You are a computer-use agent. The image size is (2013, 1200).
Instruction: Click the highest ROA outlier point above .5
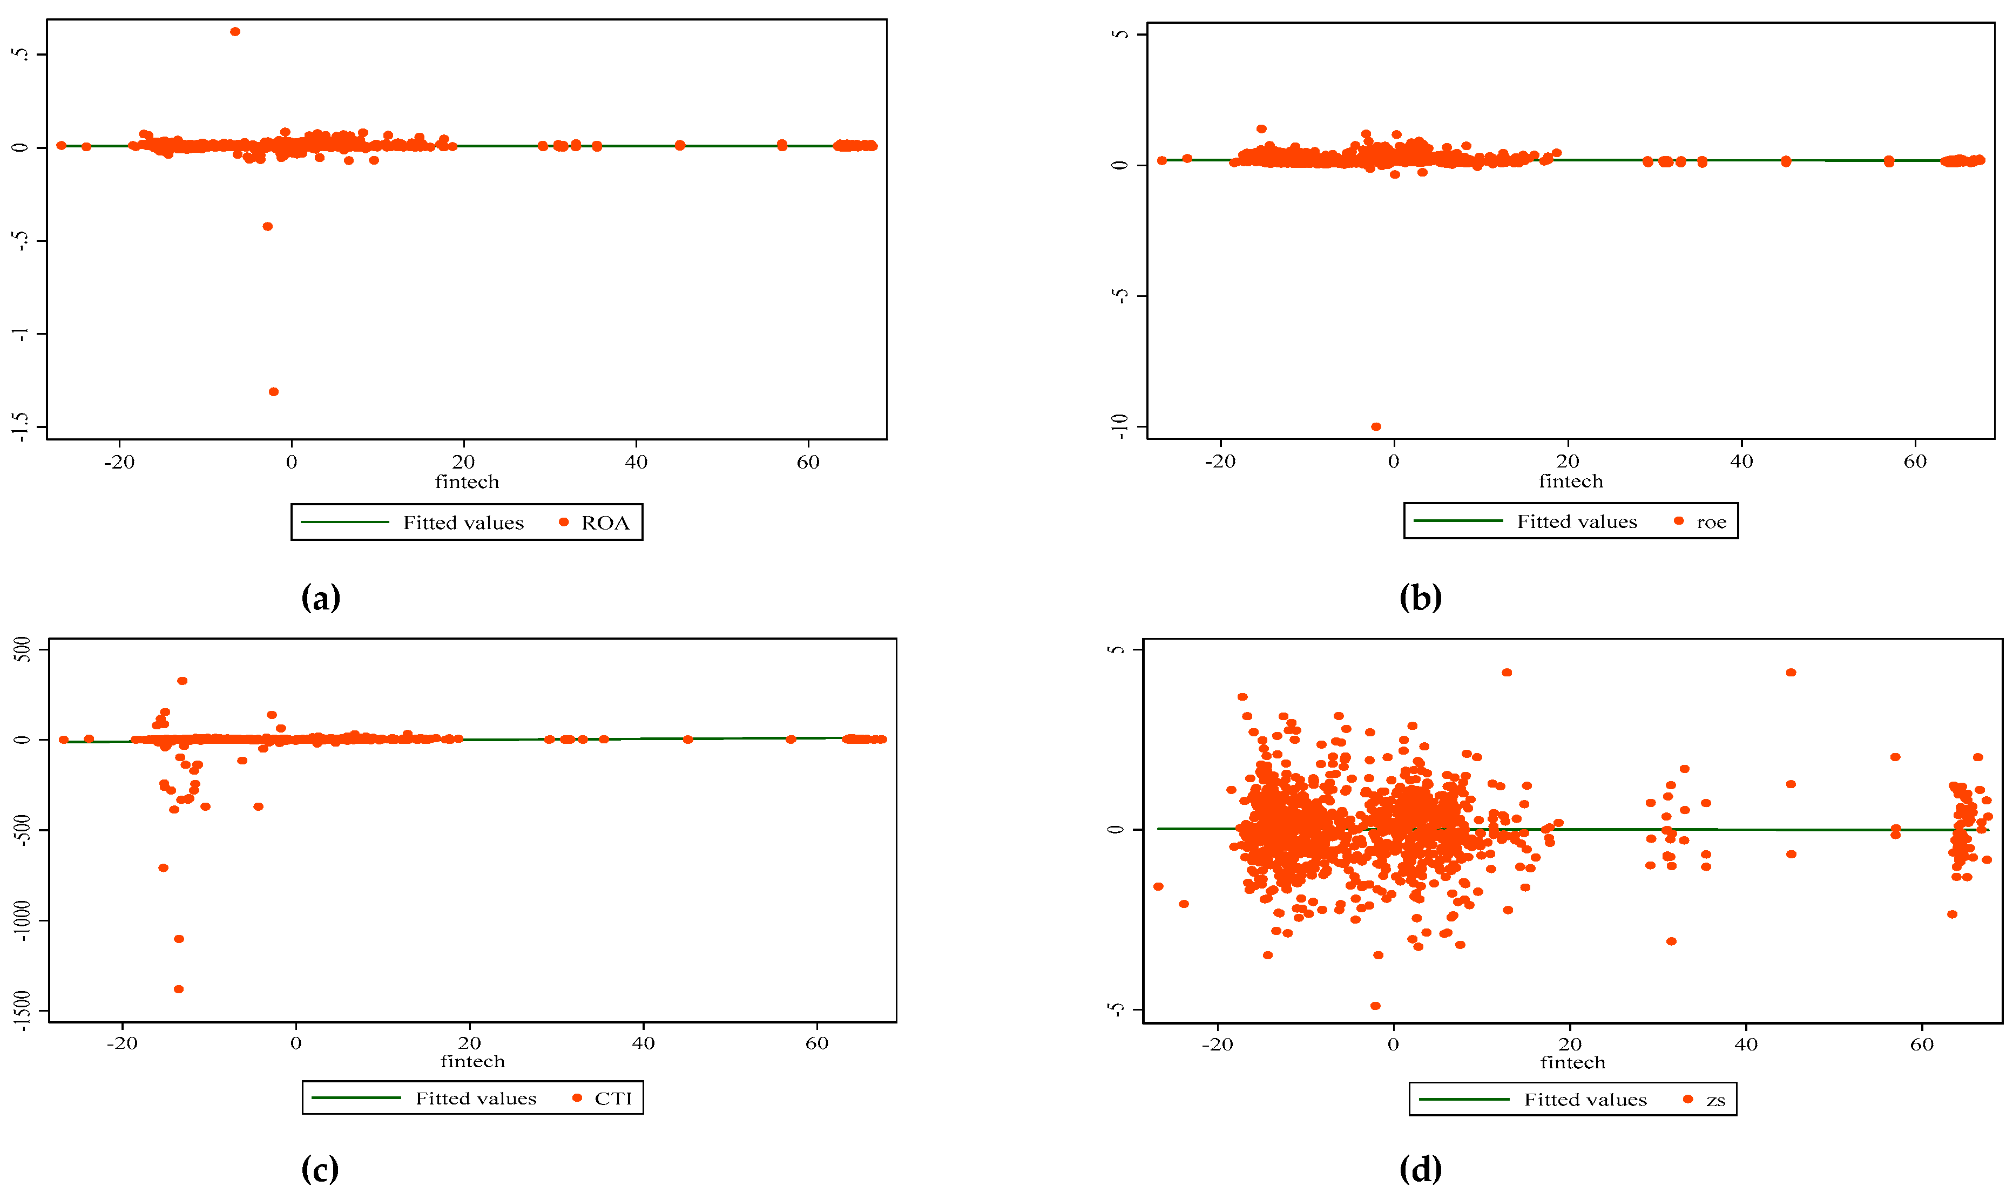[x=234, y=31]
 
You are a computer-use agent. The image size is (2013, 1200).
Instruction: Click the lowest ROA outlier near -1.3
[x=273, y=391]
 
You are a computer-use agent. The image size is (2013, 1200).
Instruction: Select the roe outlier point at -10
[x=1376, y=426]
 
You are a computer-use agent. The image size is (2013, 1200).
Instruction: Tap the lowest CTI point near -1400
[x=179, y=989]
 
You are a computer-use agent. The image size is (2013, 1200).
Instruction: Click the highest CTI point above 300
[x=183, y=681]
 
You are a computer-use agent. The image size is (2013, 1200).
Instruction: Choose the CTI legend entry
[x=612, y=1098]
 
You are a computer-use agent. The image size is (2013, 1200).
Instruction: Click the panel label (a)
[x=320, y=599]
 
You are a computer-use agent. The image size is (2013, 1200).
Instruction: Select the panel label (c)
[x=320, y=1169]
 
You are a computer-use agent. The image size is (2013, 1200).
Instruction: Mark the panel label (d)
[x=1420, y=1169]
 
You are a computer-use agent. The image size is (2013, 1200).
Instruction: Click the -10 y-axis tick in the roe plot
[x=1119, y=425]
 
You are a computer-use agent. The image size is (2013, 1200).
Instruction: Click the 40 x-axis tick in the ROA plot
[x=636, y=463]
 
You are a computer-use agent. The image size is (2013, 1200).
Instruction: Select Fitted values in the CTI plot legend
[x=476, y=1098]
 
